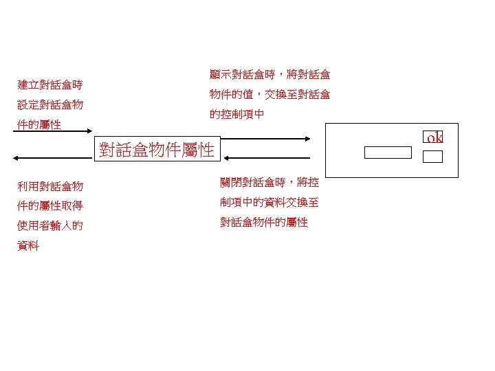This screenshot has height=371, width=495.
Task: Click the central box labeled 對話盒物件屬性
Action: coord(157,149)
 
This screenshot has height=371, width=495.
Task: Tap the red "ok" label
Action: coord(434,138)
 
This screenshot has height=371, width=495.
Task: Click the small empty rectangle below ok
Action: coord(432,156)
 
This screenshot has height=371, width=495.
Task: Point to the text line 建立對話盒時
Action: coord(50,85)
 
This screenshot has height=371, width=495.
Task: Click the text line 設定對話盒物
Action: coord(50,105)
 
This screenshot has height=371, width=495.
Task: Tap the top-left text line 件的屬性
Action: coord(39,125)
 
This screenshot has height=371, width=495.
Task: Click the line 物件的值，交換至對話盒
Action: coord(269,94)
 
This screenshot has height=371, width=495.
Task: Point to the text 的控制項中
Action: coord(237,114)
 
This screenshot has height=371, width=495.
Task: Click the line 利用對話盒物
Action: coord(50,185)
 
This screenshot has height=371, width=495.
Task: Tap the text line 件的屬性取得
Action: coord(50,205)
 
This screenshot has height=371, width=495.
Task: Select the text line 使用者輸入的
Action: coord(50,225)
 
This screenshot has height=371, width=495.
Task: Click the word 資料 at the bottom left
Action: coord(28,245)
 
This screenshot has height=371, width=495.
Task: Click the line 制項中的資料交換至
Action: coord(269,203)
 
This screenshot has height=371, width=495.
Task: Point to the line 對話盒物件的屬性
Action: coord(264,223)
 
